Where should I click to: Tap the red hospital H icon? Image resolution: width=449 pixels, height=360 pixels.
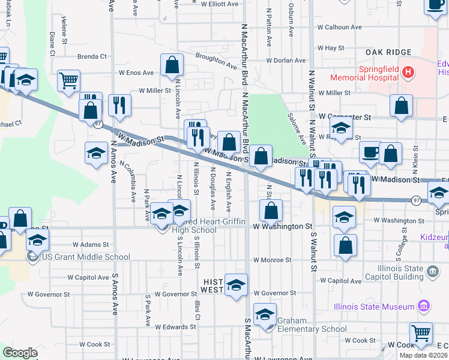coord(408,73)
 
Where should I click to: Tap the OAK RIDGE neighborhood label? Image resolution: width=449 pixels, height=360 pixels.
coord(388,53)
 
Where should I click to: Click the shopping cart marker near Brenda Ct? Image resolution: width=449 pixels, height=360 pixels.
coord(69,80)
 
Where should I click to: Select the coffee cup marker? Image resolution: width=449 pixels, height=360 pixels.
coord(370,152)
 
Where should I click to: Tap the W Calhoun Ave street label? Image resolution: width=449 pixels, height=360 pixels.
coord(340,27)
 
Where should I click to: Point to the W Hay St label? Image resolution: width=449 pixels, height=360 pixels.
coord(330,48)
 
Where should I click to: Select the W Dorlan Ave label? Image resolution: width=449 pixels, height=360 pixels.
coord(286,61)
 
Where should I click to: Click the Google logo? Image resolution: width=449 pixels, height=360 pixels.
coord(20,353)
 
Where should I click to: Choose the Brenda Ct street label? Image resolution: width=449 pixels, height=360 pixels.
coord(92,56)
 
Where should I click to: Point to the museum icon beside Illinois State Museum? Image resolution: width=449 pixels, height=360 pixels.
coord(424,307)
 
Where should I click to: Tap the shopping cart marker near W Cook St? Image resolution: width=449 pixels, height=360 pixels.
coord(421,333)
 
